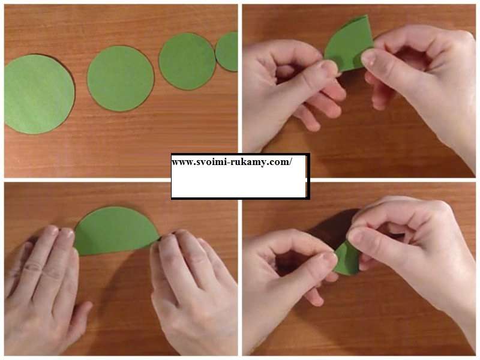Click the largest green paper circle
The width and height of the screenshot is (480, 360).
point(39,94)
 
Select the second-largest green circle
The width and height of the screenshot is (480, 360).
point(121,79)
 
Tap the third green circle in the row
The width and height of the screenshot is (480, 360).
point(187,61)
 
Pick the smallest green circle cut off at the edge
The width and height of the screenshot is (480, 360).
point(227,52)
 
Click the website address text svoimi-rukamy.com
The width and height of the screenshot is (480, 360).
point(232,161)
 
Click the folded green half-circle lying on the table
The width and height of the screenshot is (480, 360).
point(116,230)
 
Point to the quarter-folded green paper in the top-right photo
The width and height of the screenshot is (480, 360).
point(349,43)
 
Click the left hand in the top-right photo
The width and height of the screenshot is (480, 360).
point(291,92)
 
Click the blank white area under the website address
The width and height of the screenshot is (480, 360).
point(239,182)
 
